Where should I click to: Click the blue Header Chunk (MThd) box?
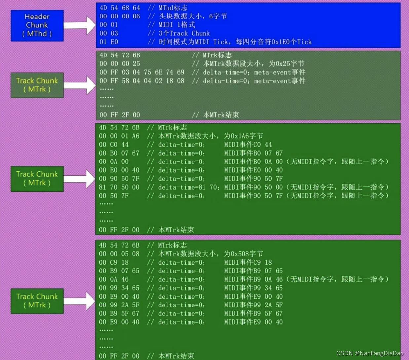[37, 25]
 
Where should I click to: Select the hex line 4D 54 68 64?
[120, 8]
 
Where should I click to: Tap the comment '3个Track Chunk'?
[184, 33]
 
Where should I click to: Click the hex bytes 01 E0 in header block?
[109, 42]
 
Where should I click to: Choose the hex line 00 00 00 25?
[120, 64]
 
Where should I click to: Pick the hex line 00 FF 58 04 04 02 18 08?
[142, 81]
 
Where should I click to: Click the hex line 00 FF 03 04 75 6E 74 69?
[142, 72]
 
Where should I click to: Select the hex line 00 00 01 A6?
[119, 136]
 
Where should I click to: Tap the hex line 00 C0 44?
[114, 145]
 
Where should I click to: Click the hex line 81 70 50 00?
[119, 187]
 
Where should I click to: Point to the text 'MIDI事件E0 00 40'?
[253, 170]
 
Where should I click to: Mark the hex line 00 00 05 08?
[119, 254]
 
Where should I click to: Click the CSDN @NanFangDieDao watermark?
[370, 353]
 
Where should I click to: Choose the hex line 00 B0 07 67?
[119, 153]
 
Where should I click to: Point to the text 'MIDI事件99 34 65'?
[253, 288]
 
